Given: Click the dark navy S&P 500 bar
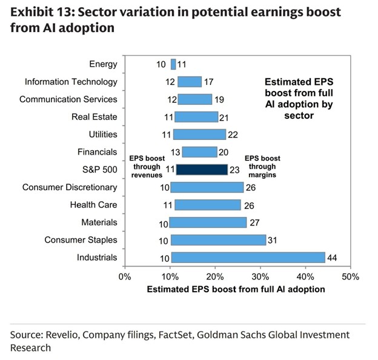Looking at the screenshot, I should coord(201,170).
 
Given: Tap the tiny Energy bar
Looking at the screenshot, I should coord(173,64).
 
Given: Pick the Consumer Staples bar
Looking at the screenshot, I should coord(218,240).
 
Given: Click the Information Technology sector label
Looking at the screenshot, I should coord(71,82).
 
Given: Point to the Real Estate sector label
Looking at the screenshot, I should coord(94,117).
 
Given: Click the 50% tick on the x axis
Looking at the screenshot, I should coord(350,277).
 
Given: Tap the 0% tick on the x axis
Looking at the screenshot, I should coord(125,277).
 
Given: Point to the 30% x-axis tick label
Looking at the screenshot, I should coord(260,277).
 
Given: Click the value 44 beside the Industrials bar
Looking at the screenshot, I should coord(332,258).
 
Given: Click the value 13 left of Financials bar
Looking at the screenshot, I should coord(176,152).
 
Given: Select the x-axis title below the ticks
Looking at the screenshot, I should coord(236,290).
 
